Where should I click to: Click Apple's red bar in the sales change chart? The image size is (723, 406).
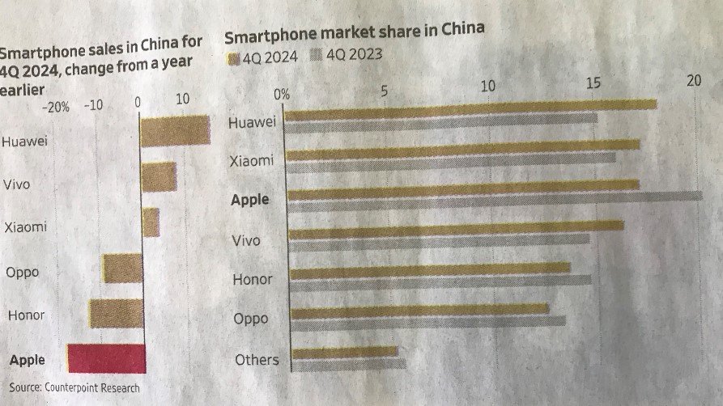click(106, 358)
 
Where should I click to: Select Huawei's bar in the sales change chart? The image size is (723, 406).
click(175, 130)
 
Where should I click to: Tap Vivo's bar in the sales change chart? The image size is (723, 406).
click(159, 176)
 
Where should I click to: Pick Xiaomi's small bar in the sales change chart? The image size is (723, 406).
click(151, 222)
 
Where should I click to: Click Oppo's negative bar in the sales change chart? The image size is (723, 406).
click(121, 268)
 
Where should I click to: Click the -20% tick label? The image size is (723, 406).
click(57, 105)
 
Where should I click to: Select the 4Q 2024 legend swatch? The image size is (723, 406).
click(233, 57)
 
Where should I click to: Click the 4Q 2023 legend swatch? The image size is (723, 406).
click(315, 56)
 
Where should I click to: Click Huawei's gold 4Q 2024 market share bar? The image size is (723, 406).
click(470, 108)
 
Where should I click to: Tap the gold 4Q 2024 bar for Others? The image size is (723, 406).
click(345, 353)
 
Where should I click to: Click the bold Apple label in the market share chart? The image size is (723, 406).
click(249, 199)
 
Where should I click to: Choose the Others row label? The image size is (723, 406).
click(256, 360)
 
